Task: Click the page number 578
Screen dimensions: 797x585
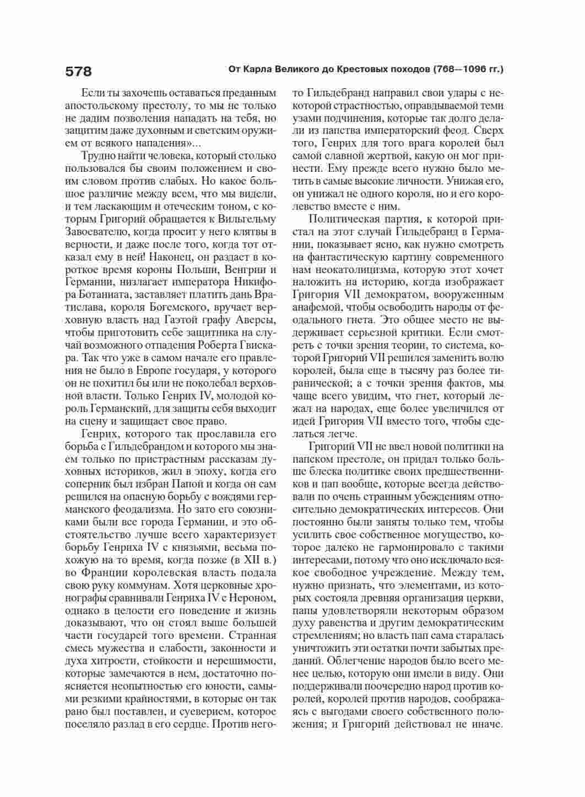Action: [x=78, y=71]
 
